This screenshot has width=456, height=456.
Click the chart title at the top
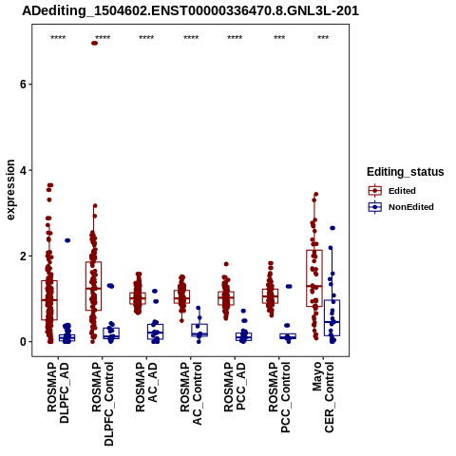190,10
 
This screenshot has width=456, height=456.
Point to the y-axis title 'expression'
10,190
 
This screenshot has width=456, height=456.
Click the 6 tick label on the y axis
23,85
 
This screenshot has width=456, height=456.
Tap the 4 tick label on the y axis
23,170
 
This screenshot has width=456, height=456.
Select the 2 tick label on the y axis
23,256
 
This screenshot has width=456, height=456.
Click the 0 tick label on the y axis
23,342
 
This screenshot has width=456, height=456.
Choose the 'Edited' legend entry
402,191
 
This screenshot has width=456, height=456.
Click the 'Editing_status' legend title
406,172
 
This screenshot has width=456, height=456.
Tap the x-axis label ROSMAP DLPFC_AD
58,392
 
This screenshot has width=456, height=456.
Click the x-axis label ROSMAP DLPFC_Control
103,404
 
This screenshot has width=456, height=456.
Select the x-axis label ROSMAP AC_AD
146,387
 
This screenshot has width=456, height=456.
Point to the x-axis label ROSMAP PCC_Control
279,397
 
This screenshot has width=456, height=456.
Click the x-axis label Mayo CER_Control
323,397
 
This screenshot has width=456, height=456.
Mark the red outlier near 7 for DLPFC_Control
94,43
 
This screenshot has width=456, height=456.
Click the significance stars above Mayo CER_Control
323,38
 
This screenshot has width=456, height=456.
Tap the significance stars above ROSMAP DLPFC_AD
58,38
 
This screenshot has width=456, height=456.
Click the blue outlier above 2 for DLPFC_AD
67,240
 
